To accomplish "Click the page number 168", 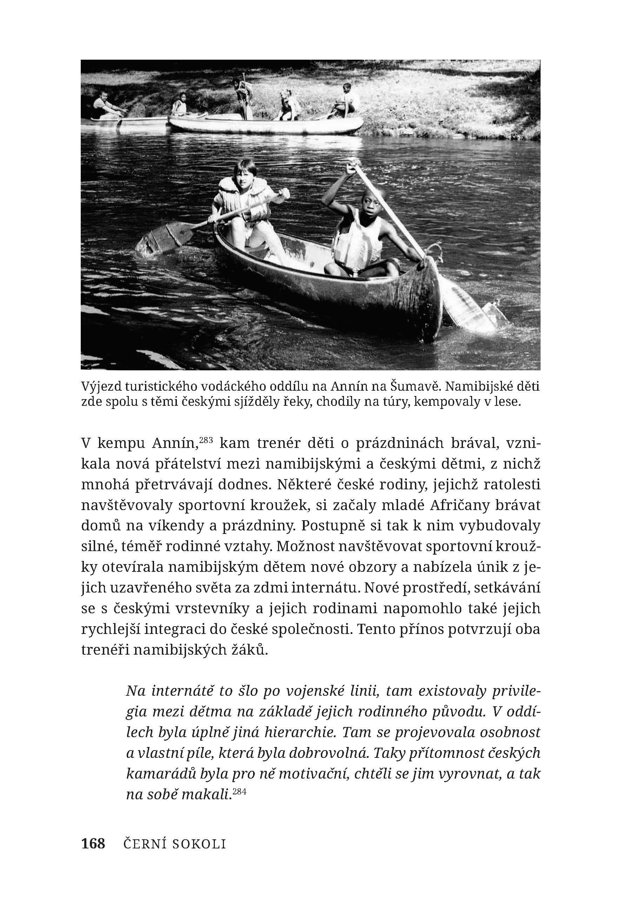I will pyautogui.click(x=93, y=844).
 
